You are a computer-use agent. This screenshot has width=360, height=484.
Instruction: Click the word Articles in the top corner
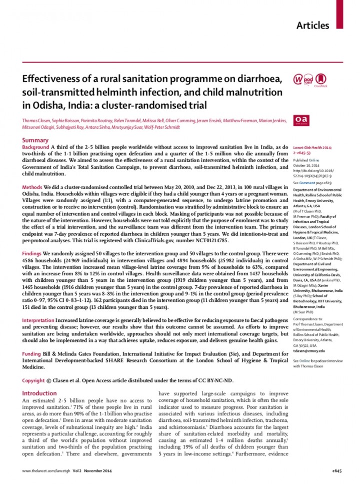click(313, 25)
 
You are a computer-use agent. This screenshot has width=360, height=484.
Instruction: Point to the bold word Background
click(36, 148)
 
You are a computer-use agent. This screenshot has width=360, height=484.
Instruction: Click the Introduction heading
click(40, 393)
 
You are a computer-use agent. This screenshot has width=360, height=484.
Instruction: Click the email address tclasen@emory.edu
click(310, 351)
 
